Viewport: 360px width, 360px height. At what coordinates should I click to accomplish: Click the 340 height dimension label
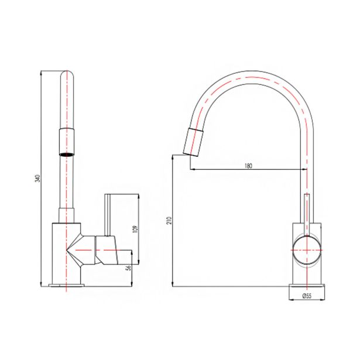pos(39,179)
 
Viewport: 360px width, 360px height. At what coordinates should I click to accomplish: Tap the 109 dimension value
pos(135,229)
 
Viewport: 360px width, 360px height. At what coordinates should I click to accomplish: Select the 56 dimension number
pos(129,268)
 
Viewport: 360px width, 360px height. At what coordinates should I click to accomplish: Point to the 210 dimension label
pos(169,221)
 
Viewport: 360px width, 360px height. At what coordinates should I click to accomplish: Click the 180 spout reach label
pos(248,166)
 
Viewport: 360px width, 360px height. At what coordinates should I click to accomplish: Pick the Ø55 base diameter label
pos(307,296)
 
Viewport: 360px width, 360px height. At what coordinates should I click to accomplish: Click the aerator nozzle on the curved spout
pos(193,142)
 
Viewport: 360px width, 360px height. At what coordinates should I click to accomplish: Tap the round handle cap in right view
pos(307,250)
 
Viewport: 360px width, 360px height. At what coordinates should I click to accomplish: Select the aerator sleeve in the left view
pos(67,142)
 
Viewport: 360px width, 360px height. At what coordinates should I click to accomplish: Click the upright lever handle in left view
pos(108,215)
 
